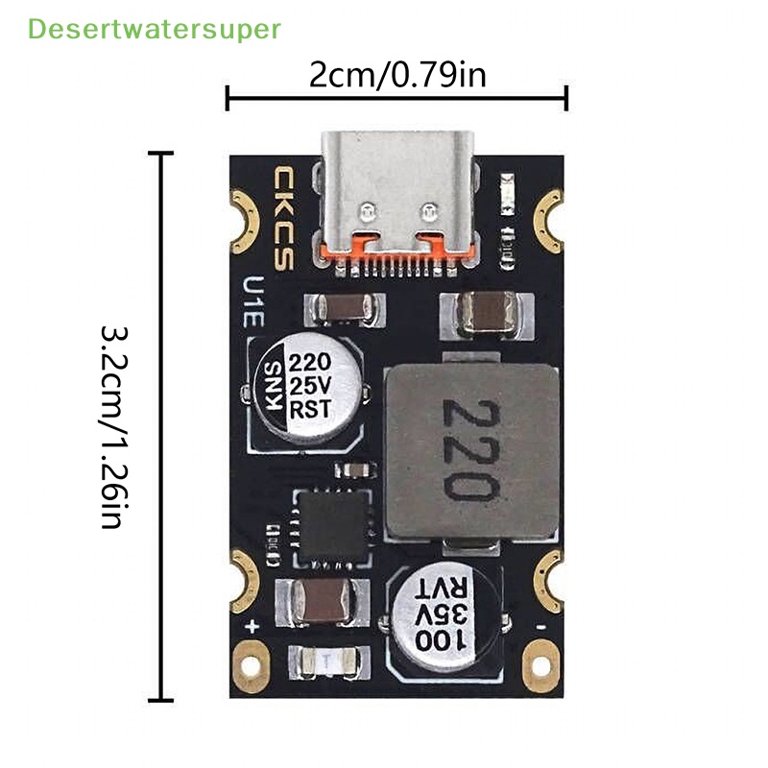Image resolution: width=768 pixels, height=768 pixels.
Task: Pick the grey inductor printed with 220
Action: [470, 451]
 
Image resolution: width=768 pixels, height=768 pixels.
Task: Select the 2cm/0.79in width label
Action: [397, 74]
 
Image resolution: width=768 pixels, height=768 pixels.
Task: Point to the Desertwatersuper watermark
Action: [154, 29]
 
